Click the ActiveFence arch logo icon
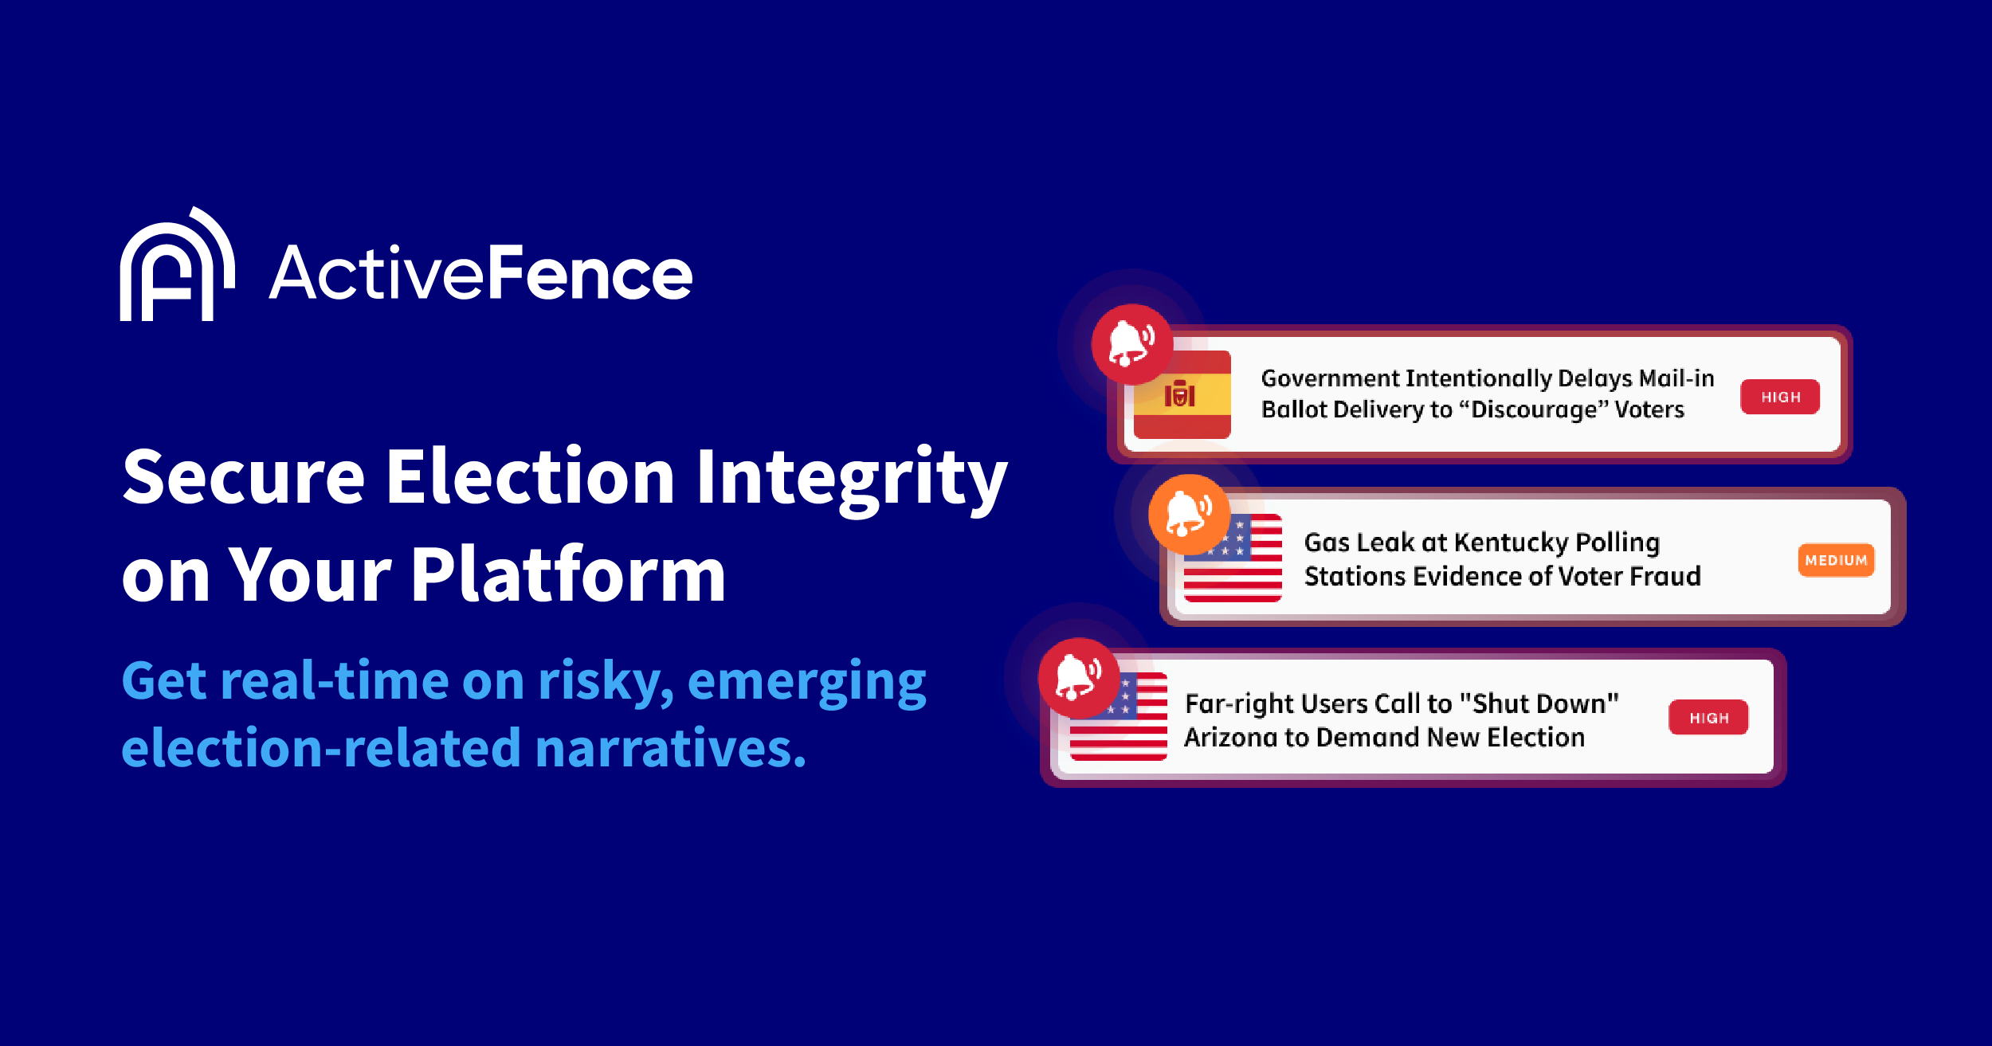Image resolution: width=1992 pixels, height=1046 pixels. coord(177,267)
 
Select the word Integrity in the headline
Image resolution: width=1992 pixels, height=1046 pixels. coord(852,478)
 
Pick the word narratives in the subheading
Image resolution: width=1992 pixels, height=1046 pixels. coord(670,749)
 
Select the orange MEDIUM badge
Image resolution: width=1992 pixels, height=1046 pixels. coord(1836,560)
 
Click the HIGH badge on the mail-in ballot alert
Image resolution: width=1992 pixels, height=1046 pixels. coord(1780,397)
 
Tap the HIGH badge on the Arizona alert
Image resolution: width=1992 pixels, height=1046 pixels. coord(1708,718)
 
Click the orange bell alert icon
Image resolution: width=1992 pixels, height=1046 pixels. coord(1189,514)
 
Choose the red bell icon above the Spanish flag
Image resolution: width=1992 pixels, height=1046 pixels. coord(1131,344)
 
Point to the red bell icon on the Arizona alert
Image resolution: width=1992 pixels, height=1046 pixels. coord(1078,678)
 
